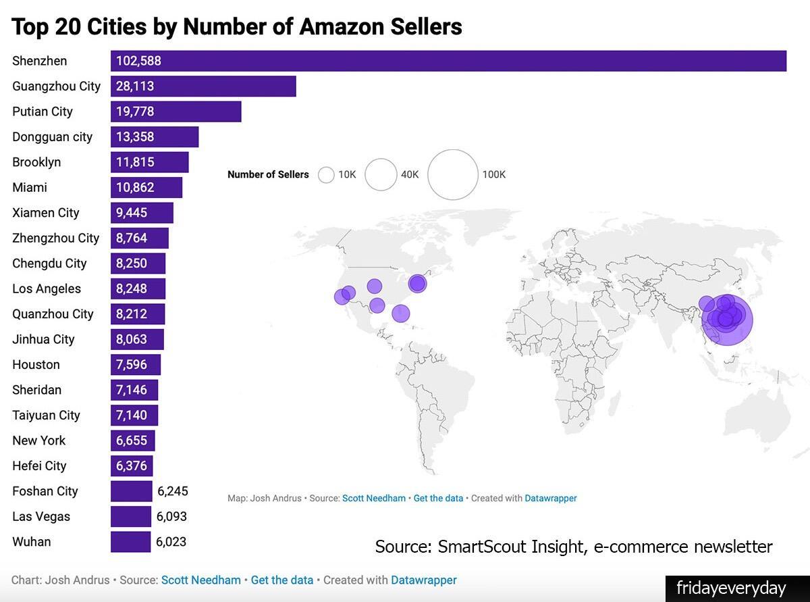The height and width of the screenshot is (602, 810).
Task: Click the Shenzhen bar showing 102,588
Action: point(448,61)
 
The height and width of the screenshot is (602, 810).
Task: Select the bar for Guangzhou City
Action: point(203,86)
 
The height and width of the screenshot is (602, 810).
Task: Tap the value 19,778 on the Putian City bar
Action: point(135,111)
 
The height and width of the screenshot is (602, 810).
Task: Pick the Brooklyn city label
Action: point(36,162)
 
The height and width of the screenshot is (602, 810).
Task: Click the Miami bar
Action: point(146,187)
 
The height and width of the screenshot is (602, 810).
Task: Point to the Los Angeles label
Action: point(47,289)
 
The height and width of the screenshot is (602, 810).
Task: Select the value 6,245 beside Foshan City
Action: point(172,491)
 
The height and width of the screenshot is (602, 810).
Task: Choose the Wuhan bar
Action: point(130,542)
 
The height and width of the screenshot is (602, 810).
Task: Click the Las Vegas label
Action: point(41,516)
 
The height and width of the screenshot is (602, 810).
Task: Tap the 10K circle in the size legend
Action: point(327,175)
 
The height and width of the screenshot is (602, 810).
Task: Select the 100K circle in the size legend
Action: point(452,175)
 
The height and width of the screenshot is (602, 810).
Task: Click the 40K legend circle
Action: point(381,175)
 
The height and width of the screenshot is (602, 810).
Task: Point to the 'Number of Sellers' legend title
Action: point(268,174)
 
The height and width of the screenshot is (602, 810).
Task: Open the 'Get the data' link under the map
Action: point(438,498)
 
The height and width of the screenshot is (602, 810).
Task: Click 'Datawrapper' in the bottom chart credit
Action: point(423,580)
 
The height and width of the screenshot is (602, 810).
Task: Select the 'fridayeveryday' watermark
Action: point(731,588)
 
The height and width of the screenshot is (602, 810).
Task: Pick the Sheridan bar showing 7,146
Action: point(134,390)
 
